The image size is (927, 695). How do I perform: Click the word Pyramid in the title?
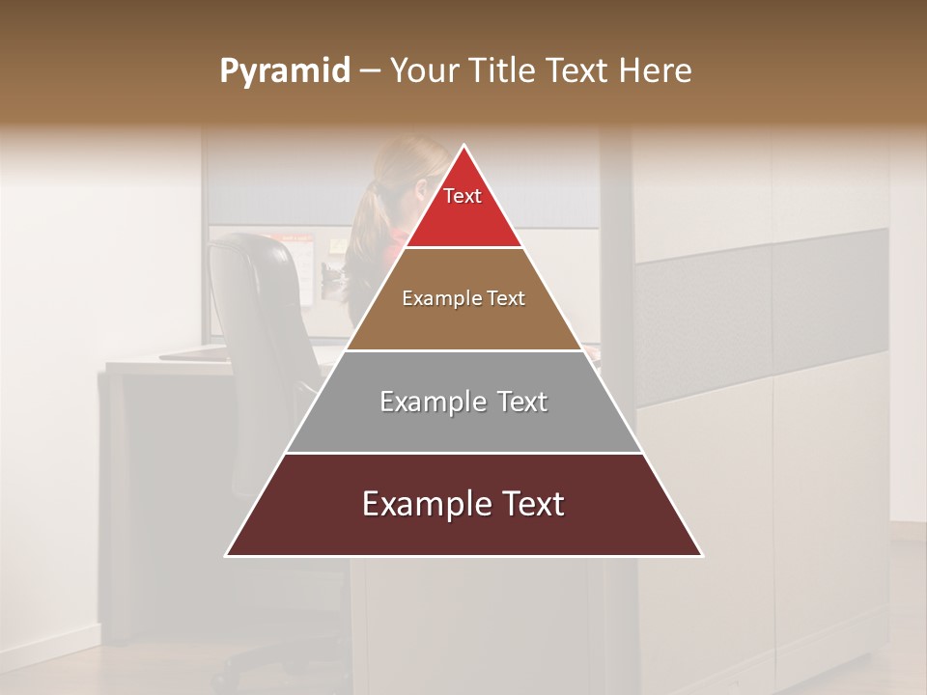click(x=284, y=71)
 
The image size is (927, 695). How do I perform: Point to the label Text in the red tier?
click(x=463, y=196)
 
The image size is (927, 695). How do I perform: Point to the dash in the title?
click(x=370, y=71)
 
